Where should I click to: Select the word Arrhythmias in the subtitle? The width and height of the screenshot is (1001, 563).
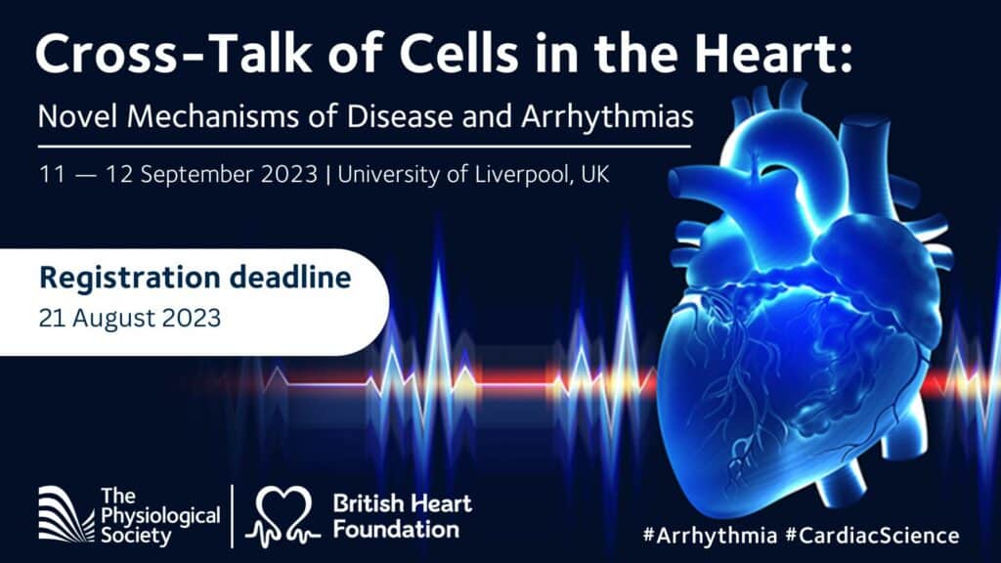click(x=607, y=117)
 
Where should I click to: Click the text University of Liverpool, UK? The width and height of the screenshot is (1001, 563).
click(x=474, y=174)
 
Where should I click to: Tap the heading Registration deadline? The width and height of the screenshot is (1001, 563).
click(x=196, y=278)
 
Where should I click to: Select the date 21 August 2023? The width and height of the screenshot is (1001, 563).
click(x=130, y=318)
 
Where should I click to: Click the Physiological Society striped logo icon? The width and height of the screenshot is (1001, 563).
click(x=66, y=514)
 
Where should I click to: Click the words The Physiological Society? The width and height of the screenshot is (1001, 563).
click(x=160, y=516)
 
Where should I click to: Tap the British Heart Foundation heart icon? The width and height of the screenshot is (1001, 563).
click(x=283, y=517)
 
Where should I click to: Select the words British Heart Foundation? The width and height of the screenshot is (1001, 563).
click(x=402, y=516)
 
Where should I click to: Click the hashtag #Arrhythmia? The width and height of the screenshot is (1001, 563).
click(x=710, y=535)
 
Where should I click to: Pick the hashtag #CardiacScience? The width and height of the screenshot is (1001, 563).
click(x=872, y=535)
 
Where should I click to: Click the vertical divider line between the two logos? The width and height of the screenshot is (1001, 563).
click(x=233, y=516)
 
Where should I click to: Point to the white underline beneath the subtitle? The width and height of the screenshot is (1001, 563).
click(x=365, y=147)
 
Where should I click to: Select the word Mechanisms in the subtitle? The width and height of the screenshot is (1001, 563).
click(x=213, y=116)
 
